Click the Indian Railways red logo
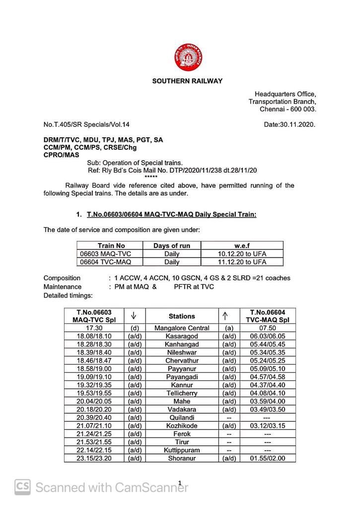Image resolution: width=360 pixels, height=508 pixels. pyautogui.click(x=188, y=58)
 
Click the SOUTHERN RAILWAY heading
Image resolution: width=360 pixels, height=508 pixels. pyautogui.click(x=187, y=81)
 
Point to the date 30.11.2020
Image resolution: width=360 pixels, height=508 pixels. pyautogui.click(x=289, y=125)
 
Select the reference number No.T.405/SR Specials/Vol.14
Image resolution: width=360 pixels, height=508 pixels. pyautogui.click(x=86, y=125)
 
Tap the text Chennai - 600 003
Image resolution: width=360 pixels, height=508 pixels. pyautogui.click(x=288, y=109)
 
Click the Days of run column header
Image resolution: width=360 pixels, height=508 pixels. pyautogui.click(x=172, y=246)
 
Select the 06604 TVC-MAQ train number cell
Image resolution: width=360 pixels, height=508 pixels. pyautogui.click(x=105, y=261)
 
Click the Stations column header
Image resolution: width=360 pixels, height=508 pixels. pyautogui.click(x=182, y=316)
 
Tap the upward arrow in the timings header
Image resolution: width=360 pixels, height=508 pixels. pyautogui.click(x=225, y=316)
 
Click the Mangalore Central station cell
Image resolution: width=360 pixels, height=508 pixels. pyautogui.click(x=182, y=328)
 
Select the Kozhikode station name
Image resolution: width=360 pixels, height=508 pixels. pyautogui.click(x=182, y=426)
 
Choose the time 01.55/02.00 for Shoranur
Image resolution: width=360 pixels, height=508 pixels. pyautogui.click(x=268, y=458)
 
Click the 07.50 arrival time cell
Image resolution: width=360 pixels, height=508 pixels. pyautogui.click(x=268, y=328)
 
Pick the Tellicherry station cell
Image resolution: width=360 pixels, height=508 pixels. pyautogui.click(x=182, y=393)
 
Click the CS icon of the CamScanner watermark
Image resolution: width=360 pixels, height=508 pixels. pyautogui.click(x=22, y=487)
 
